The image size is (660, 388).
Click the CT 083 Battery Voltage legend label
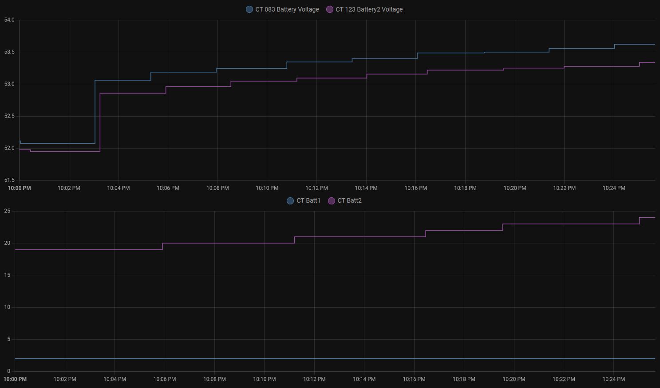287,9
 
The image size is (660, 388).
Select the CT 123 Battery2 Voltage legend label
369,9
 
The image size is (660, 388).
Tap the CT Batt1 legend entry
308,200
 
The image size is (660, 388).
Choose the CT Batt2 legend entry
349,200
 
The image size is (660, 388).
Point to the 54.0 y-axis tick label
9,20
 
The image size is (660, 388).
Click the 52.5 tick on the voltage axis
9,116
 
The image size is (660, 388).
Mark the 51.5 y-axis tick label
9,180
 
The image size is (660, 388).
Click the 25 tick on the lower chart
7,211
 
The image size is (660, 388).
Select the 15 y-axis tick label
7,275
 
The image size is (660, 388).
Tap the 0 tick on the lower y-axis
8,371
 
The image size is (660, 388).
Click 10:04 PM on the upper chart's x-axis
119,188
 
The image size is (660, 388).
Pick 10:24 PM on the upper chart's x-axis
614,188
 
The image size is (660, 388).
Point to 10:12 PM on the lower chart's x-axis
314,379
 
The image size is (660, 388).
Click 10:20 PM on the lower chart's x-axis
514,379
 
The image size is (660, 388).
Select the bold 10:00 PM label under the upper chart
20,188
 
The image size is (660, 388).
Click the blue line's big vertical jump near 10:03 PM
95,112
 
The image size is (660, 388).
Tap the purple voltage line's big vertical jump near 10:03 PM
100,122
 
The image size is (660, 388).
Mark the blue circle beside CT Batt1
290,201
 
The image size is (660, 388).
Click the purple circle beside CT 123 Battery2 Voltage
330,9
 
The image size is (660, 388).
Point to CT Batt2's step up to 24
640,221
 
